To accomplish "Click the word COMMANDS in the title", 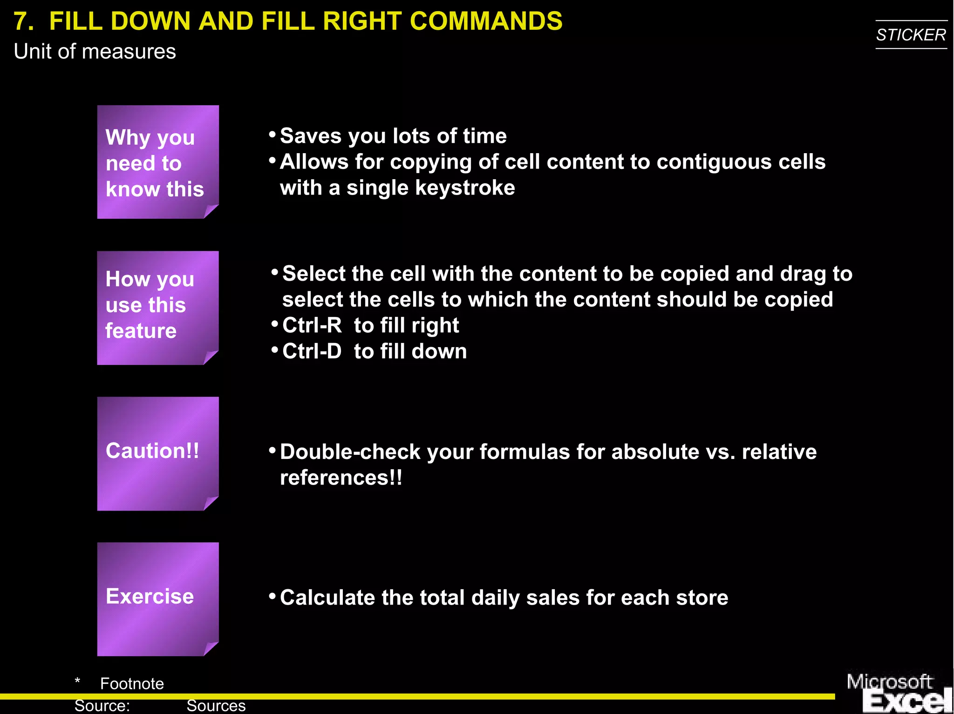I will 486,21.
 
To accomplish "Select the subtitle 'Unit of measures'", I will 95,51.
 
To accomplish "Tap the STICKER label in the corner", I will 911,35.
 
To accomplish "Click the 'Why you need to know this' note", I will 157,162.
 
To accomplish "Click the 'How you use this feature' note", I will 157,307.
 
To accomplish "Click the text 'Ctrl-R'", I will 312,325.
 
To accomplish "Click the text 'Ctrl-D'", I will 312,351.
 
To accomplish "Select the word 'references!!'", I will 341,478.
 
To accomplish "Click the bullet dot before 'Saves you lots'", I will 273,135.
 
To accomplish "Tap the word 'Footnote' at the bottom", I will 132,683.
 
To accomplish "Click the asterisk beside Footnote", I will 77,681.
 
